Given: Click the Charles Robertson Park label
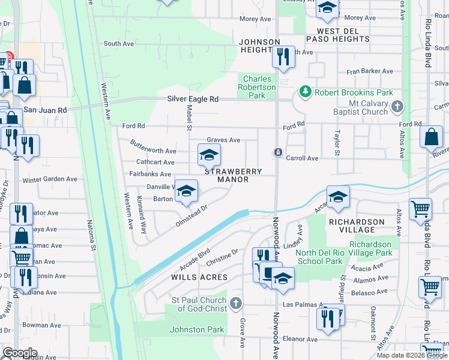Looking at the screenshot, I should click(257, 87).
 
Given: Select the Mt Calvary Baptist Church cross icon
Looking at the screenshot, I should click(396, 107).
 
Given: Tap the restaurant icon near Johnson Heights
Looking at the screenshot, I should click(283, 56).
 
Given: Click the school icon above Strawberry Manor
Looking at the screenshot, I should click(209, 156).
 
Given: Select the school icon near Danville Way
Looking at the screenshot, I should click(186, 191).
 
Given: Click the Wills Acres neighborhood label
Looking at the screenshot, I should click(200, 277).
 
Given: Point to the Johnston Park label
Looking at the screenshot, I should click(197, 329).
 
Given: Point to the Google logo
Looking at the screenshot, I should click(20, 353).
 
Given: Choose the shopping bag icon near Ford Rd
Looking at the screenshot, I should click(431, 137).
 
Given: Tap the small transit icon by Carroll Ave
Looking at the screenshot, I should click(279, 152).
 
